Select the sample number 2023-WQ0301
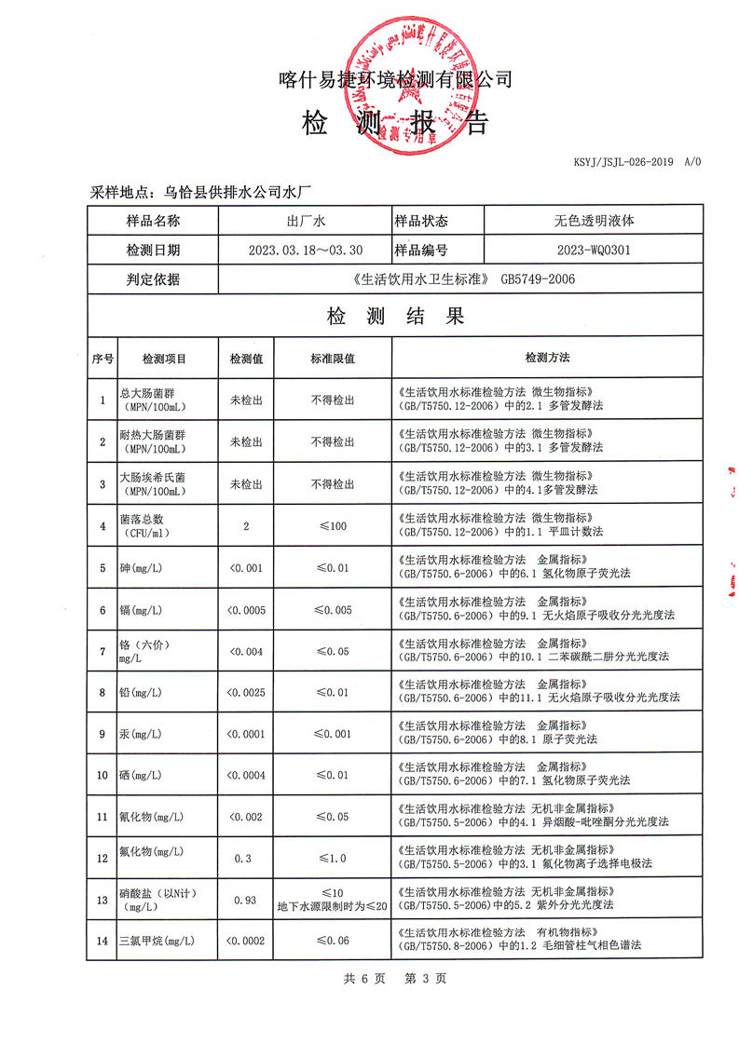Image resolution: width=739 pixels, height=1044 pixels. click(593, 250)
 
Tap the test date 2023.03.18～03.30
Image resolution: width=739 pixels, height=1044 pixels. click(306, 250)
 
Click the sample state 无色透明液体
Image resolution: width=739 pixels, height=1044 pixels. click(594, 221)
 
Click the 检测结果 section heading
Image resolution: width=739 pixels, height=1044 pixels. click(395, 316)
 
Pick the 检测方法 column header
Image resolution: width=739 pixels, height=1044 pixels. click(547, 358)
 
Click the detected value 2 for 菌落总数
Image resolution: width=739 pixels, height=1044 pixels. click(246, 526)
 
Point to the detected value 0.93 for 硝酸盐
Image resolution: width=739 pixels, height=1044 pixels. click(246, 899)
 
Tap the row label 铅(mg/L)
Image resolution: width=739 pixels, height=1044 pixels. click(141, 693)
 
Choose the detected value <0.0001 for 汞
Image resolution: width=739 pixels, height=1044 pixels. click(246, 734)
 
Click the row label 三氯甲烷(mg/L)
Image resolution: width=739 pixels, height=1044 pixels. click(157, 941)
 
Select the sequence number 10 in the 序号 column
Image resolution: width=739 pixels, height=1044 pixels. click(102, 775)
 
